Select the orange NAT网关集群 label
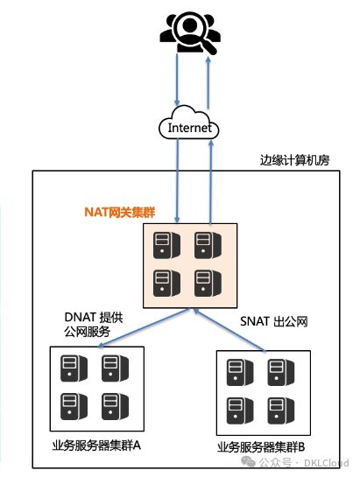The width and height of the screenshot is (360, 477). pos(120,212)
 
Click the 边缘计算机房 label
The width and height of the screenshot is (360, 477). pos(294,160)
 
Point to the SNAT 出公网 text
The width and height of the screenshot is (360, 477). pos(274,321)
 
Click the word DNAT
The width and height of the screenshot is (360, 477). pos(81,318)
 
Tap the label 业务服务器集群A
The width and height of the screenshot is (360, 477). pos(96,445)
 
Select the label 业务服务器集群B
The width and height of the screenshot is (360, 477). pos(261,447)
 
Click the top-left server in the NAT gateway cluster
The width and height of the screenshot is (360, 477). pos(166,245)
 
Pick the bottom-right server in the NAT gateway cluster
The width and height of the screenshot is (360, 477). pos(208,283)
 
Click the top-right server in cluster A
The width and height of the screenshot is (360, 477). pos(115,368)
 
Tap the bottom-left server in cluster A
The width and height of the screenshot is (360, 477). pos(74,406)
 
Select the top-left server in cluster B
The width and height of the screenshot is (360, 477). pos(240,372)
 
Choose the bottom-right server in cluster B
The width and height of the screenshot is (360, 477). pos(281,410)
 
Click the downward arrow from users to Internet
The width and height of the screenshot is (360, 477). pos(177,80)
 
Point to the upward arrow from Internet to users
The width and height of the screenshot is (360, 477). pos(208,83)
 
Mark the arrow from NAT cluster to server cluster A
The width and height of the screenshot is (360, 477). pos(144,328)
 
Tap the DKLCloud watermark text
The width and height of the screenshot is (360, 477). pos(326,463)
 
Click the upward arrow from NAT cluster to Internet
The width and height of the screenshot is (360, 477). pos(211,182)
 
